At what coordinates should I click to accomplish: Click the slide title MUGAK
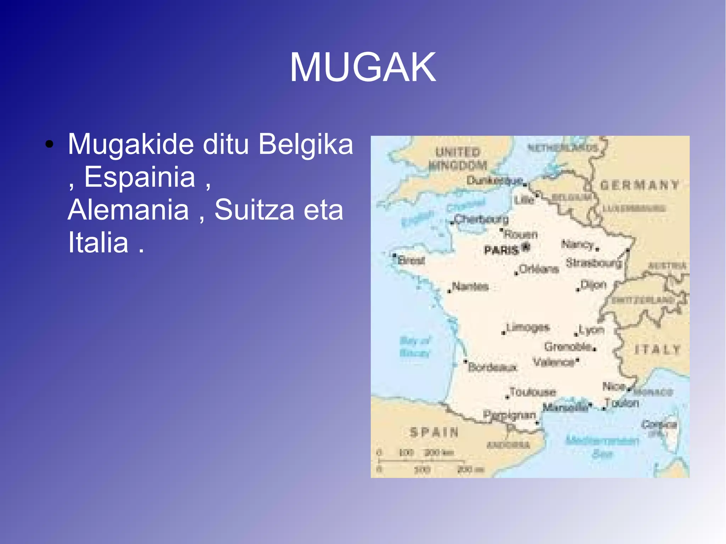tap(363, 67)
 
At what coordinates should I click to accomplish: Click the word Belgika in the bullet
tap(306, 144)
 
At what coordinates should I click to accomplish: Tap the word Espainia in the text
tap(140, 177)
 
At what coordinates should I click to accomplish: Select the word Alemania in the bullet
tap(128, 209)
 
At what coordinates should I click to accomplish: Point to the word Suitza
tap(254, 209)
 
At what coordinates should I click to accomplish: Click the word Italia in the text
tap(98, 242)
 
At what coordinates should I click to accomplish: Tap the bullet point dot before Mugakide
tap(49, 145)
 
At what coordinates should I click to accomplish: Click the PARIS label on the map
tap(501, 251)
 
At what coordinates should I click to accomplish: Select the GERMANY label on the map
tap(640, 185)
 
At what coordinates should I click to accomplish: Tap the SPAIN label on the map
tap(434, 432)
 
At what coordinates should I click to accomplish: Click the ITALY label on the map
tap(657, 350)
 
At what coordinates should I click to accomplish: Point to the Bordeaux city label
tap(492, 367)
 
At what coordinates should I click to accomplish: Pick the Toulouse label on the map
tap(532, 392)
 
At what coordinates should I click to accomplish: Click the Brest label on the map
tap(411, 260)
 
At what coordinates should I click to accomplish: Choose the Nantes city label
tap(470, 286)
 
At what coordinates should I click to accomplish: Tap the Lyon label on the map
tap(591, 330)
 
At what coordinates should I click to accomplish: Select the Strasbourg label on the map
tap(593, 263)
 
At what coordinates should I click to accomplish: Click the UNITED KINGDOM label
tap(458, 159)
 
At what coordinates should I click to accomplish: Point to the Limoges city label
tap(528, 327)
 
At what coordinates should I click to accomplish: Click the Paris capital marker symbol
tap(526, 247)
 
